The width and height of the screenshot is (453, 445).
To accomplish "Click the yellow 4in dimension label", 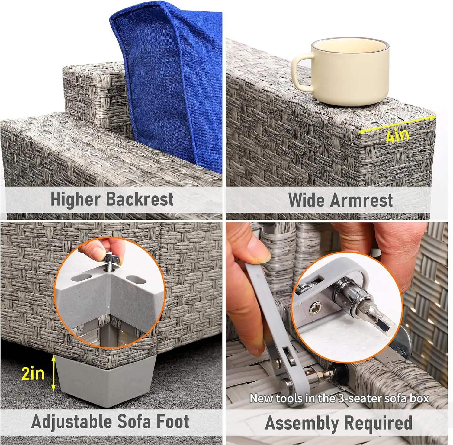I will (398, 135).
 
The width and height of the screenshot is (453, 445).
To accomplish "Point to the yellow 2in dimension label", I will (33, 374).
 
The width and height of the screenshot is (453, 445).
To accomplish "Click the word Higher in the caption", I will (75, 199).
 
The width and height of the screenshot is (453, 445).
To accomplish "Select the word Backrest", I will (140, 199).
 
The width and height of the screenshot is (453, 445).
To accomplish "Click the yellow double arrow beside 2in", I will (53, 373).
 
